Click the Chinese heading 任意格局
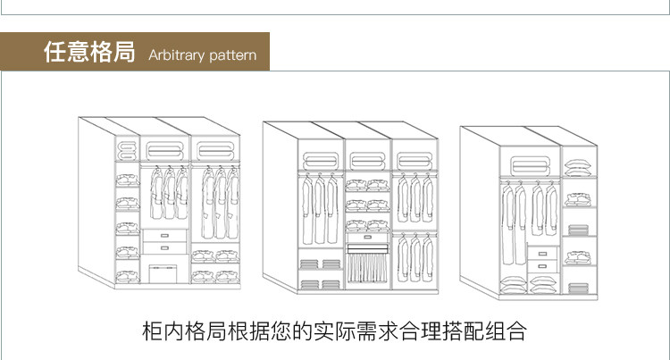click(88, 52)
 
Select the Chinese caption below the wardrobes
click(334, 332)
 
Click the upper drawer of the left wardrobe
click(164, 235)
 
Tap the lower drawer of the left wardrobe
click(164, 248)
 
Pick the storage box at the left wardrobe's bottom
click(163, 272)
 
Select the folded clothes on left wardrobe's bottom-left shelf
click(128, 273)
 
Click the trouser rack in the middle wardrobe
click(367, 267)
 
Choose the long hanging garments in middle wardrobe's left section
click(314, 211)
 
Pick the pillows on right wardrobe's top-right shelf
click(578, 165)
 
